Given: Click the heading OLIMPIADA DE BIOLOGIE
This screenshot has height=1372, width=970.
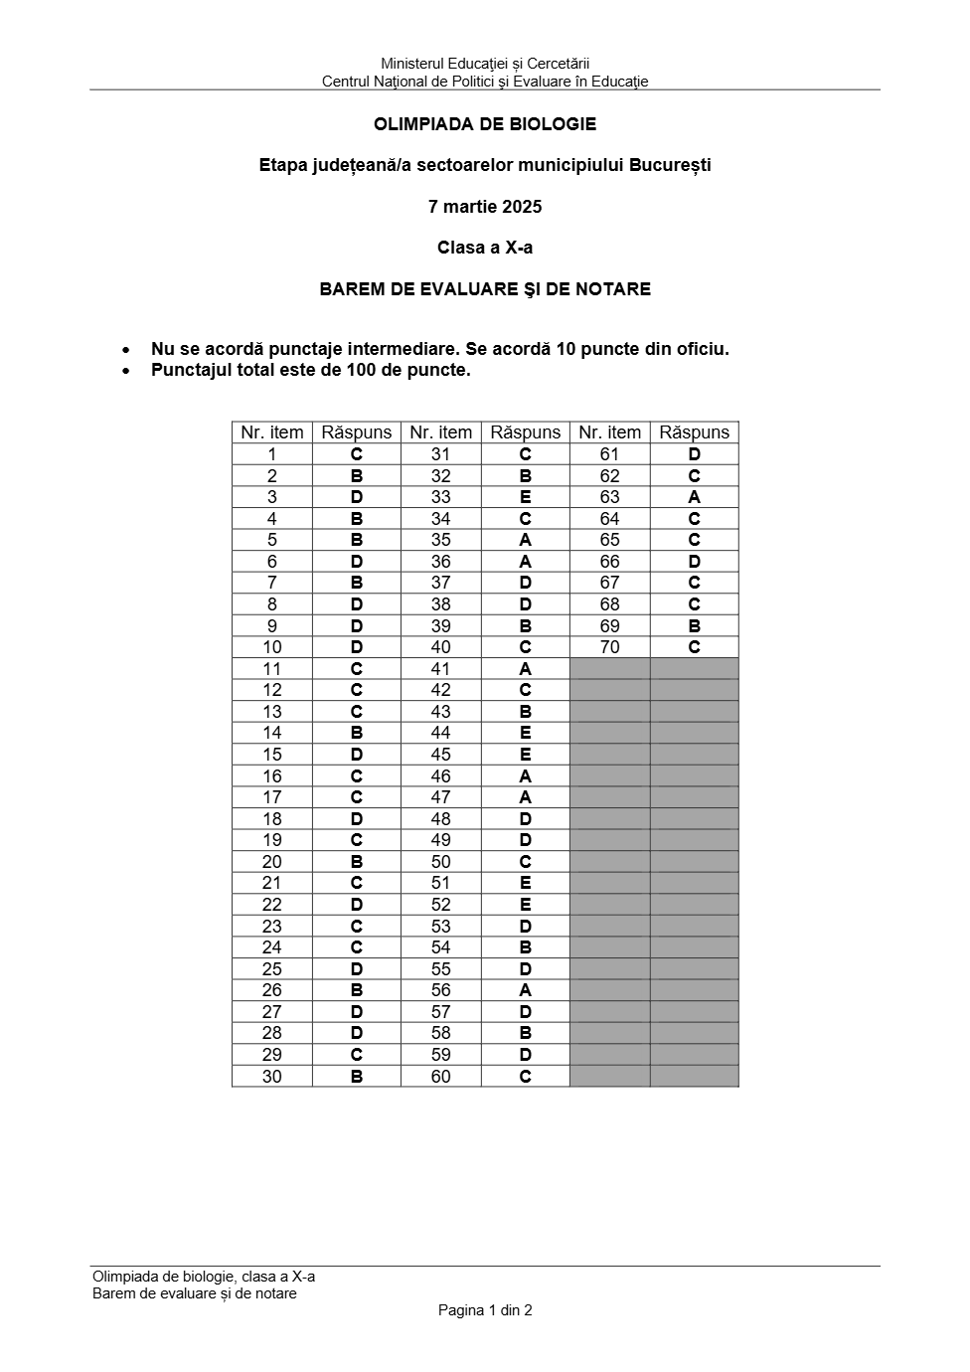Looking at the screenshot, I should coord(485,124).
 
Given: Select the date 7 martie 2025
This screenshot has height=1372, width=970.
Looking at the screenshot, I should coord(485,207).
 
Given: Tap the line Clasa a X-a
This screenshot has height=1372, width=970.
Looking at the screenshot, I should coord(485,248).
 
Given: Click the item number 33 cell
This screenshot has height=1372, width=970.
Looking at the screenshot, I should coord(441,497).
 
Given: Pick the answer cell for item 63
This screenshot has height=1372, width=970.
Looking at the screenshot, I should coord(694,497).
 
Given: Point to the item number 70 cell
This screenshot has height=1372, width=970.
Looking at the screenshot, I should coord(610,647).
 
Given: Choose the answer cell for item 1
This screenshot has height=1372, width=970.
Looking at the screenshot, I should coord(357,454).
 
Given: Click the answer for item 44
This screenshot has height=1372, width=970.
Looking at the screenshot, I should coord(526,733).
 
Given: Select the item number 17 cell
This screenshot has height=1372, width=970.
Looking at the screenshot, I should coord(272,797).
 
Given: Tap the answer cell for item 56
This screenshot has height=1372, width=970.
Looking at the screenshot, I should coord(526,990).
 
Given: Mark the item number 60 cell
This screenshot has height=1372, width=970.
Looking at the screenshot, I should coord(441,1077).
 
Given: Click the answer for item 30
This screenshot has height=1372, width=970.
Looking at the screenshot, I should coord(357,1077).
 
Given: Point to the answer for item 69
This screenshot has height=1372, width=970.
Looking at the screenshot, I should coord(694,626).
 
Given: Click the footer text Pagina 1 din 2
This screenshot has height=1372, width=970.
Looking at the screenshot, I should coord(485,1310).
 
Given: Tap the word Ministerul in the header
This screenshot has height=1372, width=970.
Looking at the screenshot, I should coord(413,65).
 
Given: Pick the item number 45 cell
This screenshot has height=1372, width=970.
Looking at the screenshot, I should coord(441,755).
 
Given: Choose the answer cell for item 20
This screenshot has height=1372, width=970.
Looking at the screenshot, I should coord(357,862).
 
